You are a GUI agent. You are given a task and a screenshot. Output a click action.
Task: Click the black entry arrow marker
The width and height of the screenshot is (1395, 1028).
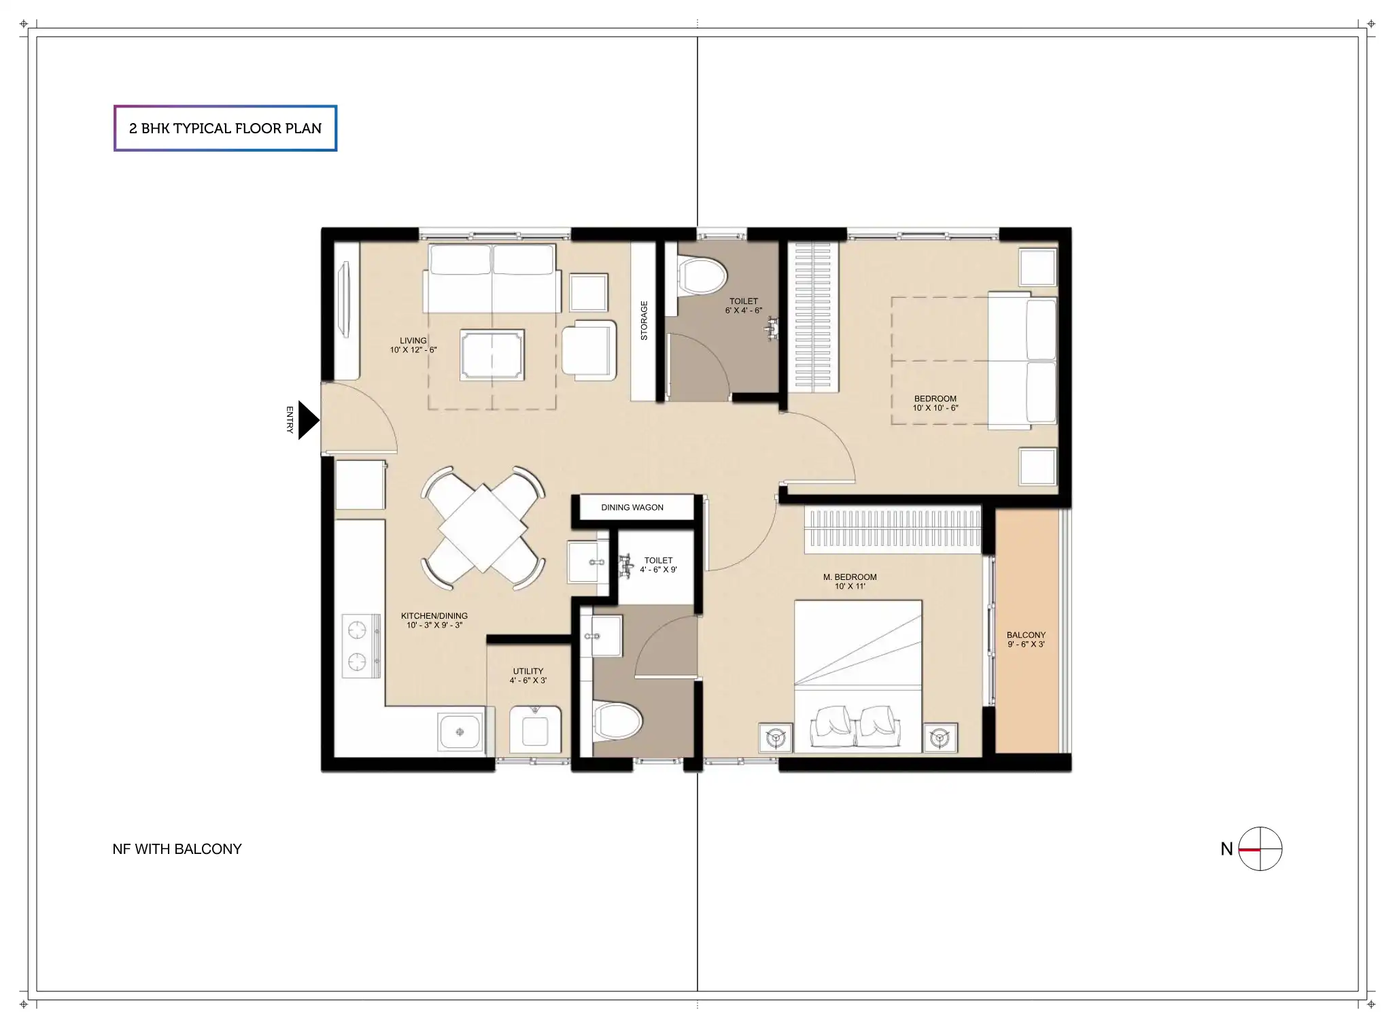point(308,420)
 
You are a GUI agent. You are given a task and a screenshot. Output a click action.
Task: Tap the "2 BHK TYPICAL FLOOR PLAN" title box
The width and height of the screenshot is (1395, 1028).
point(225,128)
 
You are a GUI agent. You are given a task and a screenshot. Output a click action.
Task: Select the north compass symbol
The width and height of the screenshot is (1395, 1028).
point(1260,849)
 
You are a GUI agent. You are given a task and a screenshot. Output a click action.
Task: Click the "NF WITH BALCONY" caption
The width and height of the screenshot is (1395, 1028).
point(177,849)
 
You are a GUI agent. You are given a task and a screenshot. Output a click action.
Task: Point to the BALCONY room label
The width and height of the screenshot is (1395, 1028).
point(1026,635)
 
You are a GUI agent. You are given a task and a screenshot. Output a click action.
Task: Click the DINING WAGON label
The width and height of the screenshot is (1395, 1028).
point(632,507)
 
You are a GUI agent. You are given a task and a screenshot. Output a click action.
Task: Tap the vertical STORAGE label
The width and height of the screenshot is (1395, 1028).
point(644,320)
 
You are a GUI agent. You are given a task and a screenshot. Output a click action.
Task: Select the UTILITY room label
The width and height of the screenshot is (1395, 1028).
point(528,671)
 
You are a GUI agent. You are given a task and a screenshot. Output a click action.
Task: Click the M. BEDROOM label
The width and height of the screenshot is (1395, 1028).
point(850,577)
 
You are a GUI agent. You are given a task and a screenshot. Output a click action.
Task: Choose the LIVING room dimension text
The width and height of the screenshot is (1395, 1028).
point(413,350)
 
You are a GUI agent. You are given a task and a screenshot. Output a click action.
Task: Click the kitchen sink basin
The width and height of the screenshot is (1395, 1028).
point(460,732)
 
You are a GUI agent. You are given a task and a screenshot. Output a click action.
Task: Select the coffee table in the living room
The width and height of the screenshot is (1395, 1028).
point(492,355)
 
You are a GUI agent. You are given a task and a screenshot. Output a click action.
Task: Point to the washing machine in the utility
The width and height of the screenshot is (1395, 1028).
point(536,730)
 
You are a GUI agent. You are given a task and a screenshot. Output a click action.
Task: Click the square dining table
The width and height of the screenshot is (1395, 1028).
point(483,528)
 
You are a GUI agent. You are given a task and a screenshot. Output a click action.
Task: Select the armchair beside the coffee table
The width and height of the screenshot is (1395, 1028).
point(589,349)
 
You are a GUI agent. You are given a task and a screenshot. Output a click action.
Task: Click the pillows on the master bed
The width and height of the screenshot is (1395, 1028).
point(857,726)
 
